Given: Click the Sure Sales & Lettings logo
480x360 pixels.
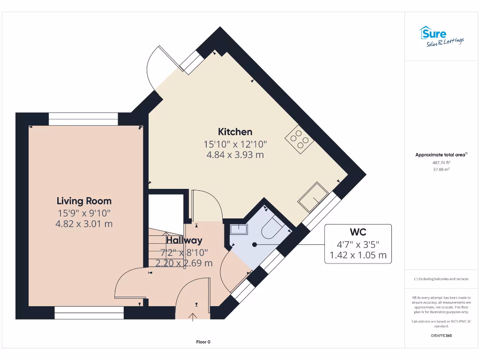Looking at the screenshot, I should click(x=441, y=36).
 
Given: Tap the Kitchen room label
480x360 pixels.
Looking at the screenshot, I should click(x=235, y=132).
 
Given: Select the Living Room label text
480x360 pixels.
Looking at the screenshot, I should click(x=84, y=201).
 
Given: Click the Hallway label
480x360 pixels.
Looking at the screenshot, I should click(x=184, y=240).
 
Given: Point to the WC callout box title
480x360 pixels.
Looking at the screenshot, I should click(x=358, y=232).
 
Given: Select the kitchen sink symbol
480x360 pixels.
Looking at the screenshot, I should click(x=313, y=196).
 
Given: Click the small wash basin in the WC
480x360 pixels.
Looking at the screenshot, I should click(x=239, y=229).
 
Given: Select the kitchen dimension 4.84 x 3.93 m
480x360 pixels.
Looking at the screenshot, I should click(x=235, y=155).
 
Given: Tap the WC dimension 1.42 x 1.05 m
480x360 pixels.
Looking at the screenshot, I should click(x=358, y=255).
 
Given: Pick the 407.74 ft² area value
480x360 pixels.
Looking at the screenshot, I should click(x=441, y=162).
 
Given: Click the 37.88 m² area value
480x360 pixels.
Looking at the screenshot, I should click(x=441, y=170).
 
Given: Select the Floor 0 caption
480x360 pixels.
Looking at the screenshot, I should click(x=203, y=342).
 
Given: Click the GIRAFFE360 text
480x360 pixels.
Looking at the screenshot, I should click(x=441, y=336).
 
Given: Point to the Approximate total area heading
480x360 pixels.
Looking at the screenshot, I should click(x=441, y=154).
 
